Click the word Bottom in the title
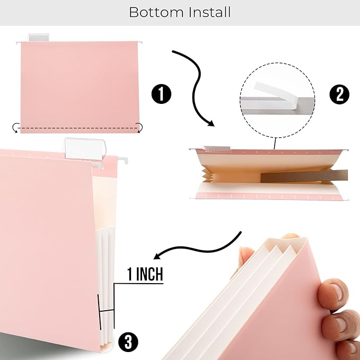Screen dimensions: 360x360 pyautogui.click(x=154, y=12)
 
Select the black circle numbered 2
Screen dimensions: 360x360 pyautogui.click(x=339, y=94)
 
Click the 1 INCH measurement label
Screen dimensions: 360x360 pyautogui.click(x=145, y=275)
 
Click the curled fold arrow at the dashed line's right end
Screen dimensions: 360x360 pyautogui.click(x=139, y=127)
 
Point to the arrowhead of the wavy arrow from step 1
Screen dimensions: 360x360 pyautogui.click(x=210, y=123)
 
